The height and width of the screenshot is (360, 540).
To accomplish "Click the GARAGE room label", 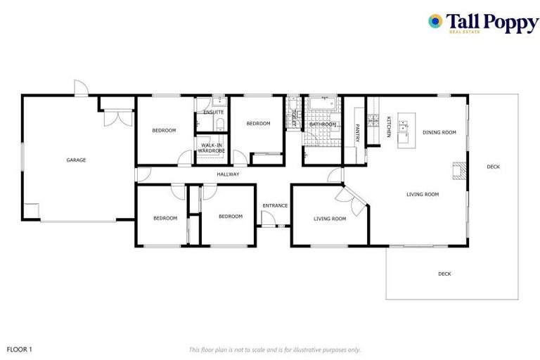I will point(76,160).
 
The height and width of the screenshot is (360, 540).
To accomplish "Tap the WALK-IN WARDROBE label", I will point(211,148).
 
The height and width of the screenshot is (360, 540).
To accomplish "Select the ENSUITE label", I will point(213,112).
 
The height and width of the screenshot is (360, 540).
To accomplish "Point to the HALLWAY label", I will point(228,174).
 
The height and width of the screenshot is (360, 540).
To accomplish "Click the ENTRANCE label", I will point(275,205).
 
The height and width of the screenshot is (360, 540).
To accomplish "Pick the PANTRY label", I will point(358,133).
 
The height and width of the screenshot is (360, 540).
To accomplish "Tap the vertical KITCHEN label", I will point(388,127).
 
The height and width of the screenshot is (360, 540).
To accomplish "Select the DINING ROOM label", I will point(439,132).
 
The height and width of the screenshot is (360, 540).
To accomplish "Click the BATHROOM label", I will point(323,124).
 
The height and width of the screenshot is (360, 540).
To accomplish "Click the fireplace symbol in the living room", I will point(458,172).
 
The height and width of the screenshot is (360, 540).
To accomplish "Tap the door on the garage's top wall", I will point(81,89).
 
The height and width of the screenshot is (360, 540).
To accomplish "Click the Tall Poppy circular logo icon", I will point(436,22).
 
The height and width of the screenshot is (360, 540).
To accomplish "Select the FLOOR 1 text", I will point(20,349).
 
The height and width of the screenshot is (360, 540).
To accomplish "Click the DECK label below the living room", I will point(444,274).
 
